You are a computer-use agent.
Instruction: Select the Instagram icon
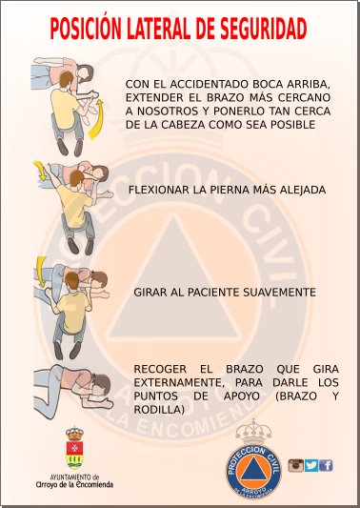pyautogui.click(x=295, y=465)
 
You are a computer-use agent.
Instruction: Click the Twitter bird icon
pyautogui.click(x=310, y=465)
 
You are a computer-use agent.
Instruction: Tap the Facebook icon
pyautogui.click(x=326, y=465)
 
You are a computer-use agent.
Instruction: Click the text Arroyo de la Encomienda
pyautogui.click(x=73, y=484)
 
